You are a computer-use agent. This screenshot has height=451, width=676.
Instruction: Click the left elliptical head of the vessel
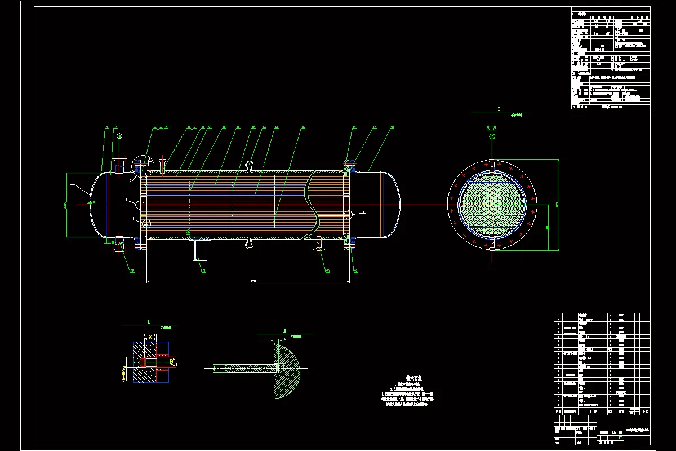pyautogui.click(x=96, y=203)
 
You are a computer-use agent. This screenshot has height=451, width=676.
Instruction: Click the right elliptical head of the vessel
pyautogui.click(x=394, y=203)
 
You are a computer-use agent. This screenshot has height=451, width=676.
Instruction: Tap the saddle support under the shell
pyautogui.click(x=200, y=248)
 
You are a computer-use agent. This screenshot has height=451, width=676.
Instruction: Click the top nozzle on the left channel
pyautogui.click(x=118, y=166)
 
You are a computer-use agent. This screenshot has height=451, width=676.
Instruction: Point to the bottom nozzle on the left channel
pyautogui.click(x=118, y=242)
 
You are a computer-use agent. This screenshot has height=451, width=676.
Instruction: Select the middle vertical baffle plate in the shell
pyautogui.click(x=233, y=206)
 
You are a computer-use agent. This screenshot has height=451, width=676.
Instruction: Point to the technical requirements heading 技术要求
pyautogui.click(x=415, y=379)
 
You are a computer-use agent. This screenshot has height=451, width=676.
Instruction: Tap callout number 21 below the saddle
pyautogui.click(x=204, y=271)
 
